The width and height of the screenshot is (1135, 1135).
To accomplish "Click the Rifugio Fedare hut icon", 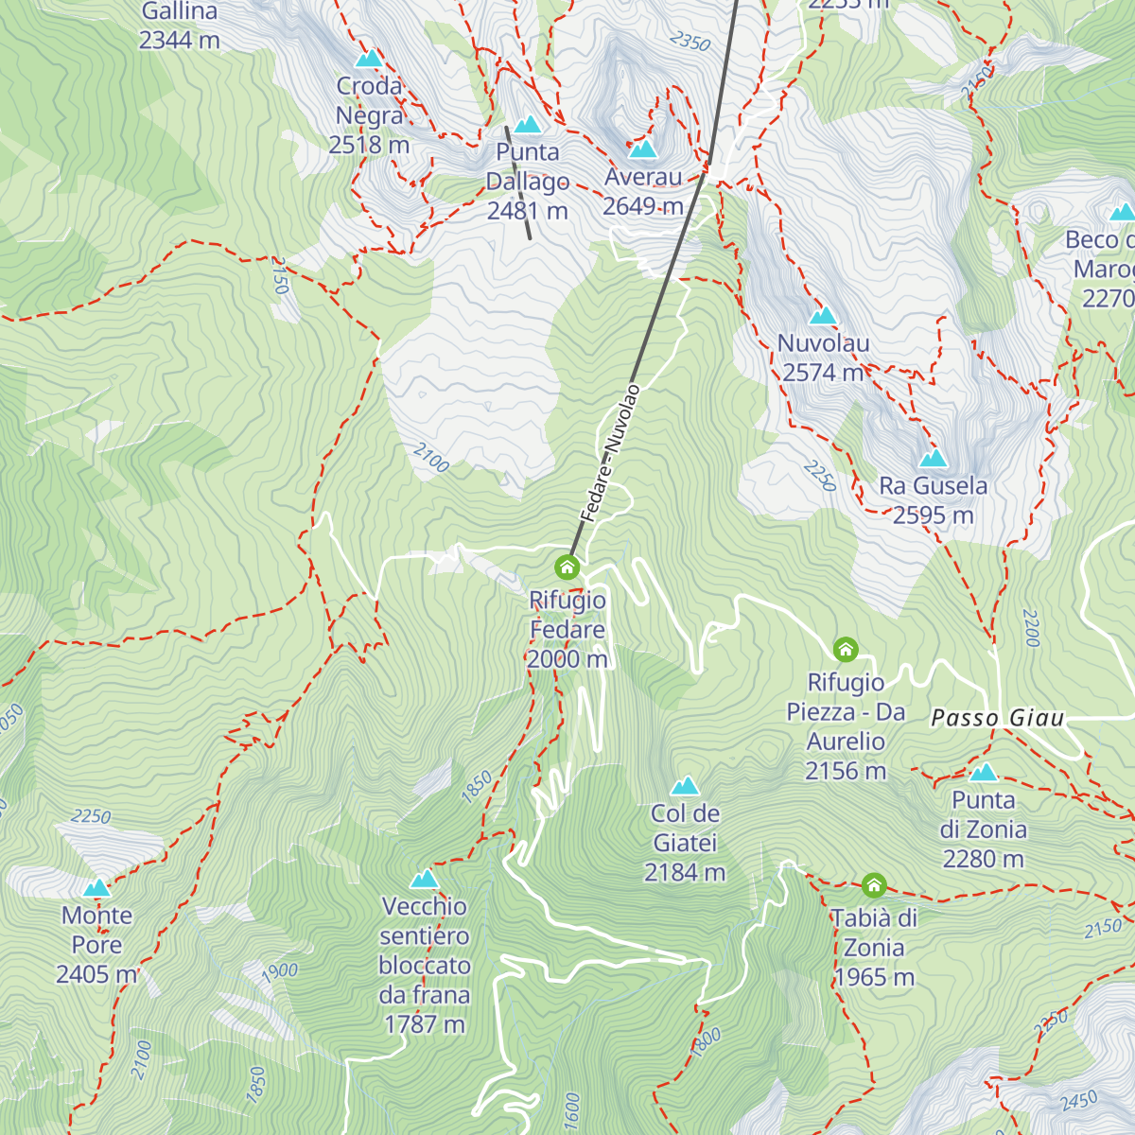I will (x=567, y=567).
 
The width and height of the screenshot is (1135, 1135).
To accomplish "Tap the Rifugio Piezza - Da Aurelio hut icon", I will (x=846, y=650).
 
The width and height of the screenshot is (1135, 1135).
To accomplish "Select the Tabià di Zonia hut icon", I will (x=874, y=886).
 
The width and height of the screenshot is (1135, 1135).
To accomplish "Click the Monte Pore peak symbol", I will (x=96, y=888).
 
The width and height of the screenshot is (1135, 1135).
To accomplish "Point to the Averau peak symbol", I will (x=643, y=148).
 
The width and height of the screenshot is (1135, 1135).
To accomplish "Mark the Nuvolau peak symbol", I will (x=823, y=315).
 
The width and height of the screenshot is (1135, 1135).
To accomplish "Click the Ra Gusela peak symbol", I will (x=934, y=459).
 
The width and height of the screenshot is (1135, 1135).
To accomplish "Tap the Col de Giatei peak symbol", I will (x=685, y=785).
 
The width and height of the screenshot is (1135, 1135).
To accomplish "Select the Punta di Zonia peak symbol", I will (x=984, y=772).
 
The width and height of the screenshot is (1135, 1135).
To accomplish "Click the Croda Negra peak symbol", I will (x=369, y=58).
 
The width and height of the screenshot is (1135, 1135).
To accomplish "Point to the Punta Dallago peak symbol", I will (x=527, y=124).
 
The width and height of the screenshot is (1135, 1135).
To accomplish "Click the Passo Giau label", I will (x=998, y=718).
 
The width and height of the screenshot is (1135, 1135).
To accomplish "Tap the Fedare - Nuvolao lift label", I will (x=610, y=453).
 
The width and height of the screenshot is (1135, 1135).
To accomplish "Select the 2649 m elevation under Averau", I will (x=643, y=206).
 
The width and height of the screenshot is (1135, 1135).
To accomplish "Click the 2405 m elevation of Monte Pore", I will (x=96, y=974).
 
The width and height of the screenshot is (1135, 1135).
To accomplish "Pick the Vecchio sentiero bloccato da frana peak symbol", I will (x=425, y=879).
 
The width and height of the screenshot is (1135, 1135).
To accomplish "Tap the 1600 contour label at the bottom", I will (x=571, y=1109).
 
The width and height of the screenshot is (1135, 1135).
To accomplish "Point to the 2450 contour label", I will (x=1078, y=1101).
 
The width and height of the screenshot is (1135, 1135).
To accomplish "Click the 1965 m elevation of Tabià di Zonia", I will (x=875, y=977).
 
